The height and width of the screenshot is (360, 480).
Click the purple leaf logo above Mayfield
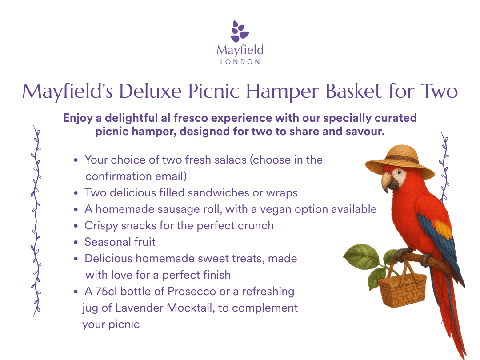pyautogui.click(x=240, y=31)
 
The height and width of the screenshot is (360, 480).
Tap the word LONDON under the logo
pyautogui.click(x=240, y=62)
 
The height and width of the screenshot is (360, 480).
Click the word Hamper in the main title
pyautogui.click(x=283, y=91)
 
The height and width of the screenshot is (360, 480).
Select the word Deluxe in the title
pyautogui.click(x=150, y=91)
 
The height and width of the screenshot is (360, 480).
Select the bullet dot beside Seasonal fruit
pyautogui.click(x=76, y=243)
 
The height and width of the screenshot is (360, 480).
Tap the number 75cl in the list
pyautogui.click(x=106, y=292)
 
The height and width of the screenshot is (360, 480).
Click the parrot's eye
pyautogui.click(x=399, y=172)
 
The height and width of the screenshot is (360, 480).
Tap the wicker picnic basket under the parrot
pyautogui.click(x=402, y=289)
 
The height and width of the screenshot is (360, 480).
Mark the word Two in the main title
pyautogui.click(x=439, y=91)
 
